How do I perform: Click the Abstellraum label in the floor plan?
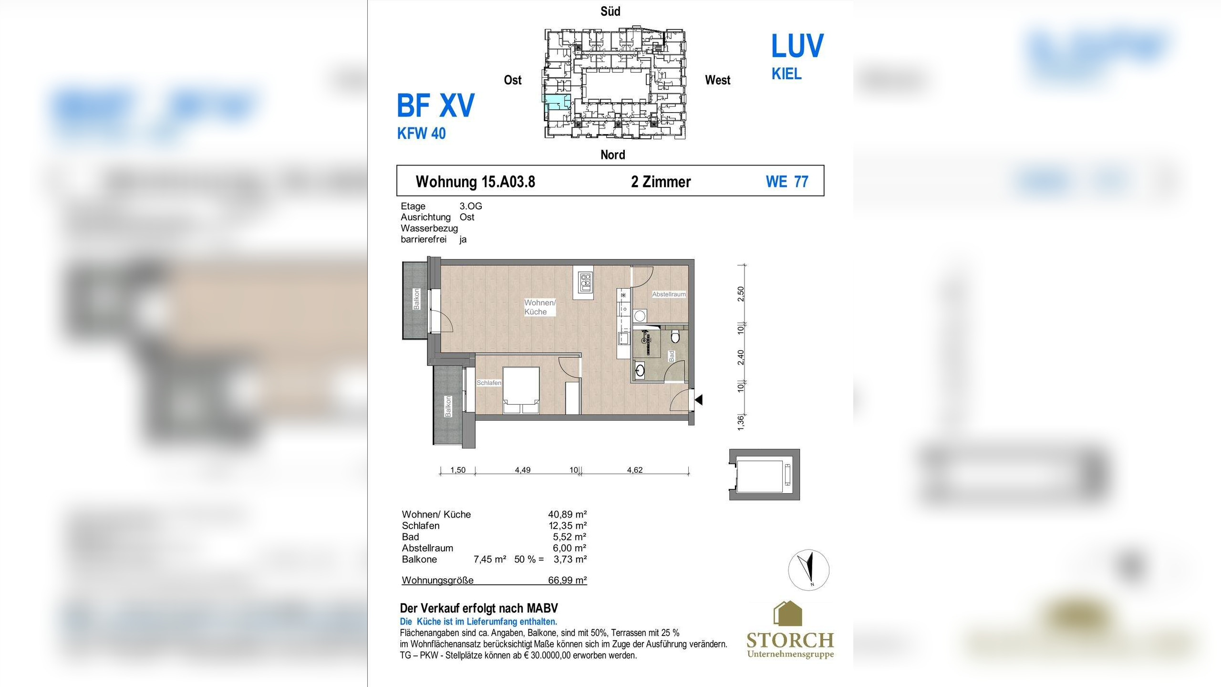point(669,294)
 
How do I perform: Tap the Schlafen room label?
point(489,383)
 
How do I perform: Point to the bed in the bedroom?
point(521,390)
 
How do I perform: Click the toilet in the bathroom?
point(675,337)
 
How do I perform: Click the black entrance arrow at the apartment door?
point(699,400)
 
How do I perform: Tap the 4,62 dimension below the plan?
point(635,470)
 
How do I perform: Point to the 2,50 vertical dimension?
point(740,294)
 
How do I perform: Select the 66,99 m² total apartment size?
point(567,580)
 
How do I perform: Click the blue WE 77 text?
point(787,182)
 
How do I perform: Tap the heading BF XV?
point(435,105)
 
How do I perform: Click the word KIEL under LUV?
point(786,74)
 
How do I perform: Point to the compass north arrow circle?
point(808,570)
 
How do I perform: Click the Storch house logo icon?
point(787,614)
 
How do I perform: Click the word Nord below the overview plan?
point(612,155)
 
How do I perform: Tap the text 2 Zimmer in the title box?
point(661,182)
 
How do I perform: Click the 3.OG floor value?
point(471,206)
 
